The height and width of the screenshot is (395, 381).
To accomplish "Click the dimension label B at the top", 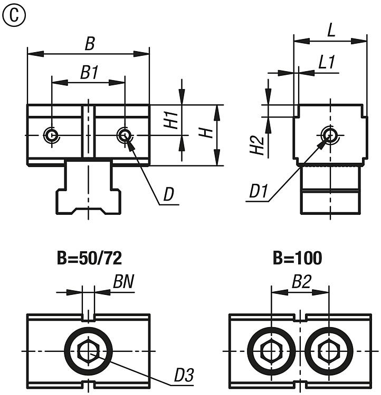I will coord(90,44).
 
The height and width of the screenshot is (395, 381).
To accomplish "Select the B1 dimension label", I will coord(89,73).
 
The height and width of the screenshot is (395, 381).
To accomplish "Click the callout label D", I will coord(168,195).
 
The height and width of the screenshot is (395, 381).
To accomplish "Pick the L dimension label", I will coord(331,30).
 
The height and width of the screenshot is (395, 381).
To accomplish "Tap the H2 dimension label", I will coord(256,145).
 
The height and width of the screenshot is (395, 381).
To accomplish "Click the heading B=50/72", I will coord(89,259).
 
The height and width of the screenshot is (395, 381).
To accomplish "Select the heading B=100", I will coord(298,259).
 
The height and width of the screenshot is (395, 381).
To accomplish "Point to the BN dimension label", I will coord(123,283).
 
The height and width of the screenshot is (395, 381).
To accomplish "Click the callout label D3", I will coord(184,375).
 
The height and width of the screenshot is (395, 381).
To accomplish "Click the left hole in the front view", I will coord(51,135).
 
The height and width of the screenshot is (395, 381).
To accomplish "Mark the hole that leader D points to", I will coord(125,135).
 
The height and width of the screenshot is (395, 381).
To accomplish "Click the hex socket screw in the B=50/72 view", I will coord(88,351).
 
